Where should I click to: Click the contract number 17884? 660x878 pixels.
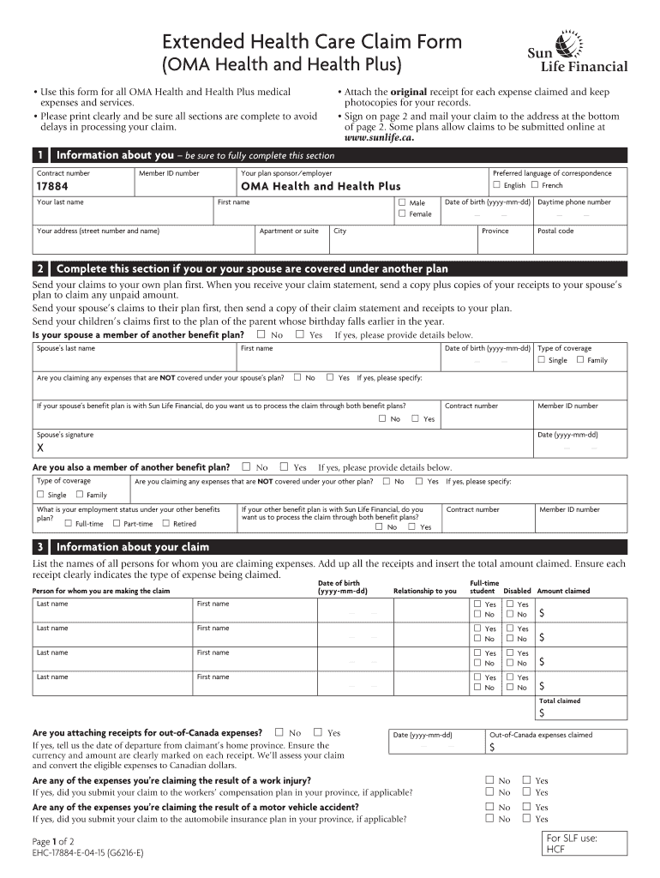coord(52,186)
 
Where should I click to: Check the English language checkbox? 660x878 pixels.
coord(496,185)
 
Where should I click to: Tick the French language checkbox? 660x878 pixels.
coord(535,185)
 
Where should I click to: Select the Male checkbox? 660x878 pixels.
coord(401,202)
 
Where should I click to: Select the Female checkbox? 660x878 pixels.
coord(401,214)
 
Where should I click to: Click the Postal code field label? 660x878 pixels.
coord(555,231)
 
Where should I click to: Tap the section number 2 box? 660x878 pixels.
coord(39,268)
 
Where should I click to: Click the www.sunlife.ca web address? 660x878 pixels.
coord(379,137)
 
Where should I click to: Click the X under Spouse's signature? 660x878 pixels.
coord(39,448)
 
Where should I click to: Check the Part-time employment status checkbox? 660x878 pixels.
coord(117,523)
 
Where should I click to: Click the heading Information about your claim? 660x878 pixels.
coord(132,547)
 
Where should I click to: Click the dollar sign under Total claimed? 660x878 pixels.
coord(541,713)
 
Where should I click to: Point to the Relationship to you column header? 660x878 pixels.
coord(424,591)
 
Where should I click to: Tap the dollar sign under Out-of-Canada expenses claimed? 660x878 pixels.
coord(491,748)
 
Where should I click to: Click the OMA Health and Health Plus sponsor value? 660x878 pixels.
coord(321,186)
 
